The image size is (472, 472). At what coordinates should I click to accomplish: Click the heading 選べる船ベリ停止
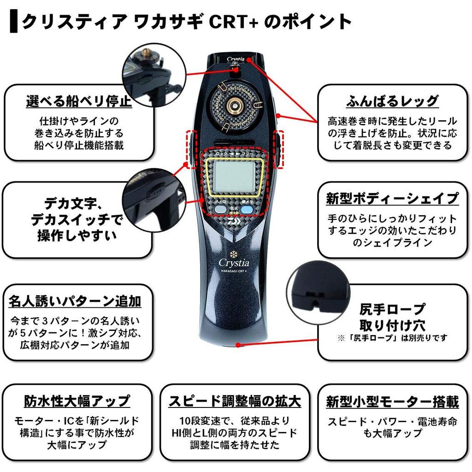point(79,102)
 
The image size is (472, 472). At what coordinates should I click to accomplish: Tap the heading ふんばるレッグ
point(392,101)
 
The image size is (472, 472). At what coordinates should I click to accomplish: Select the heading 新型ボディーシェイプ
point(392,199)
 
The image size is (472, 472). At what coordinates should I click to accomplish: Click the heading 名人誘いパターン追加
point(75,301)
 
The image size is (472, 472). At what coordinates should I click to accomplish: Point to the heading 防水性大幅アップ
point(77,401)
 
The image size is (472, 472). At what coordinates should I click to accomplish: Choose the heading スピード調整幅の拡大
point(235,401)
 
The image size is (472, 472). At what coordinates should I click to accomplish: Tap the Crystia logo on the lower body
point(234,262)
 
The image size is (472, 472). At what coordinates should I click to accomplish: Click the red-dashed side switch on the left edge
point(191,147)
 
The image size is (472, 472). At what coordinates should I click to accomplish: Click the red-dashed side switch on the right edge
point(278,147)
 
